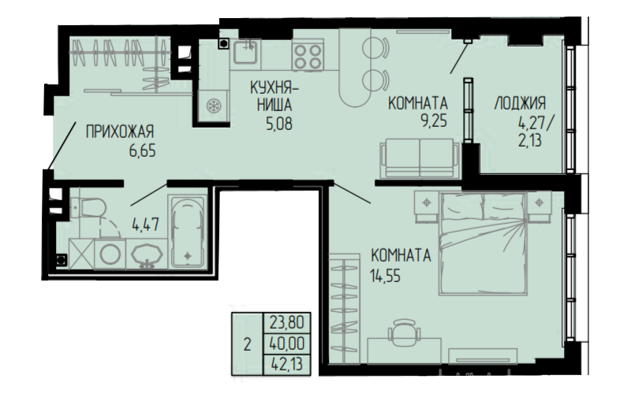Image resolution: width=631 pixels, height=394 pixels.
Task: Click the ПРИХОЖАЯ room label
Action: tap(120, 132)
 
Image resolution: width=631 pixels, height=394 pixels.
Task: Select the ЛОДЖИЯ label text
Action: tap(520, 103)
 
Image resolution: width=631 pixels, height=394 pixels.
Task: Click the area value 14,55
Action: tap(385, 277)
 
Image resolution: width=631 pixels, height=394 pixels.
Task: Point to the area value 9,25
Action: tap(434, 121)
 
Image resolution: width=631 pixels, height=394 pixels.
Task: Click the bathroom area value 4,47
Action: tap(146, 225)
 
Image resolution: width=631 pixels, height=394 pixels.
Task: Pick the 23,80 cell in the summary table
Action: tap(286, 323)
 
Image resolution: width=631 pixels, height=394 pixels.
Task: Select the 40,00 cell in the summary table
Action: tap(286, 344)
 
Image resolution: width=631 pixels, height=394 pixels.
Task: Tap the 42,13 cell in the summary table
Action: tap(286, 365)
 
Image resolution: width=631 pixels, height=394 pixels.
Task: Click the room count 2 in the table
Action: tap(247, 344)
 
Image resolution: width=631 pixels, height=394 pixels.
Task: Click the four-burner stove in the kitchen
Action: tap(308, 56)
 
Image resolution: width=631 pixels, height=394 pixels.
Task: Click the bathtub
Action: tap(187, 232)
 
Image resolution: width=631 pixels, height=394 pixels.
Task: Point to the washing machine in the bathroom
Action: tap(110, 254)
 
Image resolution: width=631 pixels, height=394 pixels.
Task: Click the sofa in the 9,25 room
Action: tap(420, 158)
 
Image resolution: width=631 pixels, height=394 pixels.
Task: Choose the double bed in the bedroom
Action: tap(483, 244)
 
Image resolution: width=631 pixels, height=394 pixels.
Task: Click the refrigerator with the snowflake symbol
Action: tap(212, 106)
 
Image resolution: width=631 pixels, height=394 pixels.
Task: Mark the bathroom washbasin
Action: tap(147, 255)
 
